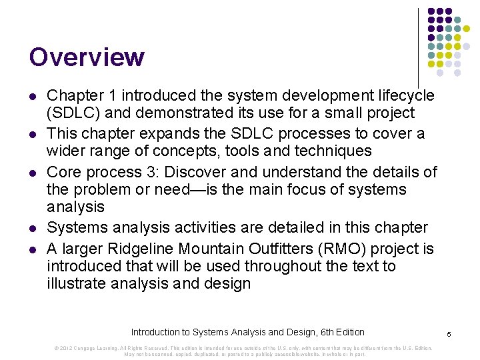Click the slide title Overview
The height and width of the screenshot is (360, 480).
87,57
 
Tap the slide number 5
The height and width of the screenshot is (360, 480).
450,333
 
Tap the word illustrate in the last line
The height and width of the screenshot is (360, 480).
78,283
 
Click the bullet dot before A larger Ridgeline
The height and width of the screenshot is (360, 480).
33,250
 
